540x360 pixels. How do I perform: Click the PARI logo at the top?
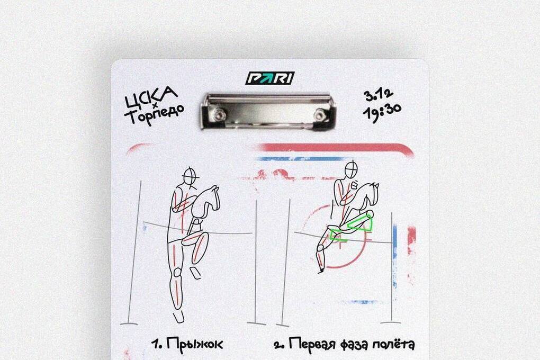pyautogui.click(x=269, y=78)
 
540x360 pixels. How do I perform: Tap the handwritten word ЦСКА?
pyautogui.click(x=150, y=97)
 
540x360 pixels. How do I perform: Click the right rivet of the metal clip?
pyautogui.click(x=321, y=114)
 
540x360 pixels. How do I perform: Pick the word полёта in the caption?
pyautogui.click(x=395, y=343)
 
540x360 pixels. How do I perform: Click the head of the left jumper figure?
pyautogui.click(x=190, y=177)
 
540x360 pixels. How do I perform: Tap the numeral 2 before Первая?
pyautogui.click(x=278, y=345)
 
